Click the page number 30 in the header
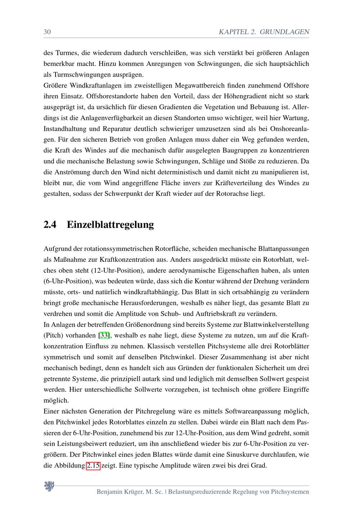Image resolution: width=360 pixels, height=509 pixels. (47, 32)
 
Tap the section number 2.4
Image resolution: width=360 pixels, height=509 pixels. (50, 225)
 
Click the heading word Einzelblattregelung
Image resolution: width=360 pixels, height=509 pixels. (110, 225)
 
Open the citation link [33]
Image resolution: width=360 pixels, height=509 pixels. (104, 335)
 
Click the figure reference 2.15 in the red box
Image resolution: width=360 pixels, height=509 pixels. (93, 465)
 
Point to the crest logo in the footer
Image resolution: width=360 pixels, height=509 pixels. (49, 486)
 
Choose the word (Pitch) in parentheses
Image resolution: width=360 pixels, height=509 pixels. (53, 335)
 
